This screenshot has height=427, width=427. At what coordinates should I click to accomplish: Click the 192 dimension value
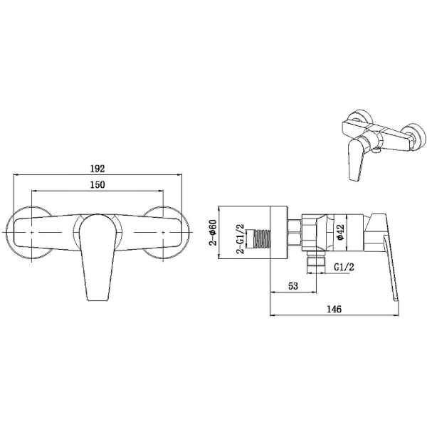click(x=97, y=169)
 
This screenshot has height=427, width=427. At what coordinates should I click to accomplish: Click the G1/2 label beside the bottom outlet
click(x=345, y=268)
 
